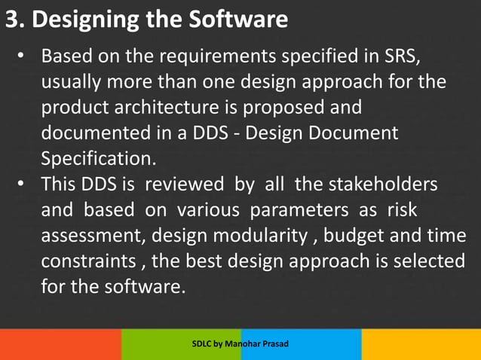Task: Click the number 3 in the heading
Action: point(11,20)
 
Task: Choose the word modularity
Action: point(263,236)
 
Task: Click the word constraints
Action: point(84,262)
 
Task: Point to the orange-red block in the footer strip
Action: point(60,344)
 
